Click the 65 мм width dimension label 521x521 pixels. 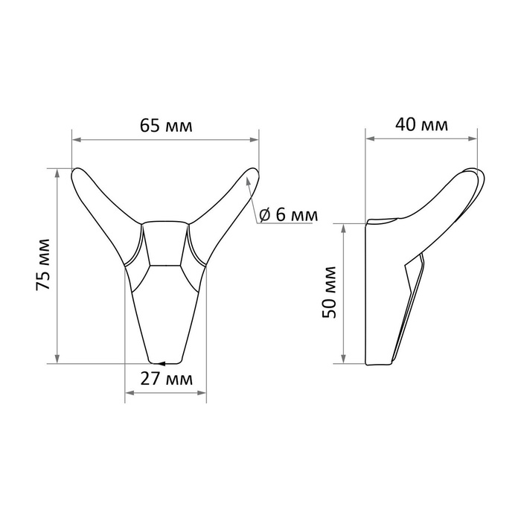click(x=166, y=126)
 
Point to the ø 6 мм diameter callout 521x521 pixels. click(x=288, y=215)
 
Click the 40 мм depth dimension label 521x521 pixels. click(x=421, y=125)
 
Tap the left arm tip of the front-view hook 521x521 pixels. click(x=78, y=176)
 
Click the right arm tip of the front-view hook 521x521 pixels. click(x=252, y=176)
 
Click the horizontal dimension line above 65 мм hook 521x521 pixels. click(x=166, y=140)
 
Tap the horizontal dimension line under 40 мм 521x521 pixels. click(x=421, y=138)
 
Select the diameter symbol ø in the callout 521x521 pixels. click(x=264, y=215)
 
